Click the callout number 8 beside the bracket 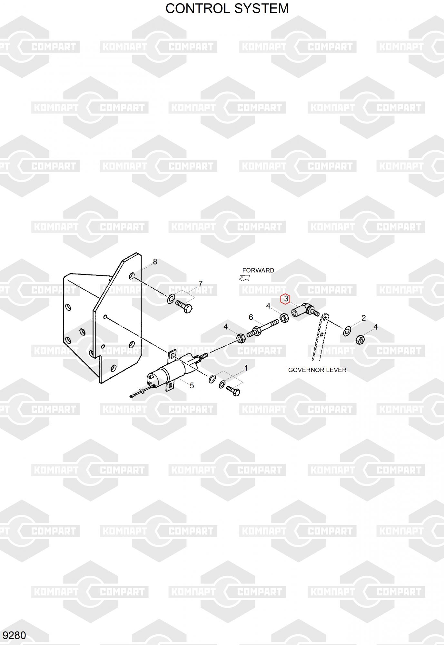click(155, 262)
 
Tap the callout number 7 click(201, 284)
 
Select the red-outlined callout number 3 click(286, 299)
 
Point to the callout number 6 click(251, 317)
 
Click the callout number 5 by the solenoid click(192, 386)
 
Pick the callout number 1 click(246, 368)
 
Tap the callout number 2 click(364, 318)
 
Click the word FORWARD click(258, 270)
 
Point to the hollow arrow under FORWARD click(244, 278)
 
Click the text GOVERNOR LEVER click(317, 370)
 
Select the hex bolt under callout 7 click(184, 306)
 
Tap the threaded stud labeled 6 click(263, 327)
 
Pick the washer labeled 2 click(347, 331)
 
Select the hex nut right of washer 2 click(360, 340)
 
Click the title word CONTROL click(194, 8)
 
